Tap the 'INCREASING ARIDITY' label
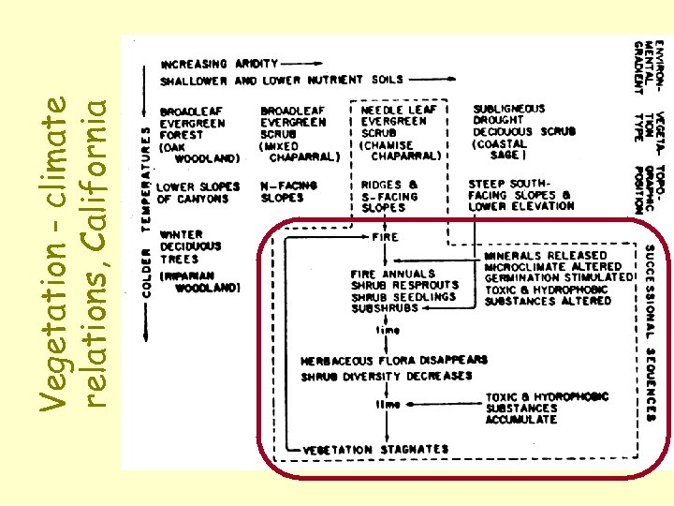click(x=220, y=64)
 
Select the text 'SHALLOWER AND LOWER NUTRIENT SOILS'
click(x=281, y=81)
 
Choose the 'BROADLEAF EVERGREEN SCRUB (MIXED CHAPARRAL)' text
click(x=298, y=134)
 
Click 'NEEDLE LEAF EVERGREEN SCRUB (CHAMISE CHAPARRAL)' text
click(x=400, y=133)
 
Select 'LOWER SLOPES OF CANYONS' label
click(x=198, y=192)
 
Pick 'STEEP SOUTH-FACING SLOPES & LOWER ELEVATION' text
click(x=521, y=194)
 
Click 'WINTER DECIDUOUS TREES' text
click(x=191, y=246)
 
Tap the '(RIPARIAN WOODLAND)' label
click(x=201, y=282)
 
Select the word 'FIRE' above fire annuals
click(x=385, y=237)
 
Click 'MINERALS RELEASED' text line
click(x=545, y=255)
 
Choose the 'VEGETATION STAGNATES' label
click(x=374, y=450)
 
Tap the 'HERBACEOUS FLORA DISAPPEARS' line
click(x=394, y=360)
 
